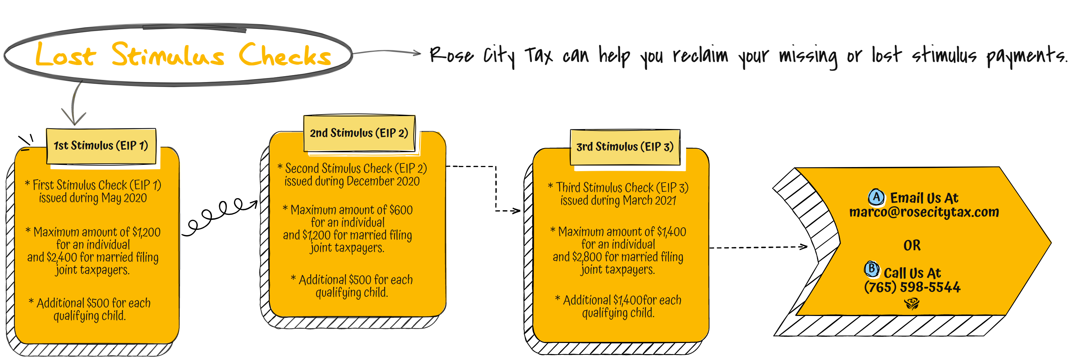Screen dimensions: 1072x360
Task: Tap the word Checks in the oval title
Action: pyautogui.click(x=285, y=55)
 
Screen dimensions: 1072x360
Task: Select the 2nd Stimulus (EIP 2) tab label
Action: pyautogui.click(x=359, y=133)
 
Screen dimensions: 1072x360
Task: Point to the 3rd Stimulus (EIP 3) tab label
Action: pyautogui.click(x=625, y=147)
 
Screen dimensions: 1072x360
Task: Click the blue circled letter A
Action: pyautogui.click(x=876, y=197)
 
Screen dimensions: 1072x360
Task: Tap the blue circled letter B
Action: pyautogui.click(x=871, y=269)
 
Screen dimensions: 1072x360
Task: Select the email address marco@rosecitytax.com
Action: pyautogui.click(x=924, y=212)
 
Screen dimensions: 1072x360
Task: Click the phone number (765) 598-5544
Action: pyautogui.click(x=912, y=287)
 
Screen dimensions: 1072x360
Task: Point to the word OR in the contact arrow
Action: pyautogui.click(x=912, y=245)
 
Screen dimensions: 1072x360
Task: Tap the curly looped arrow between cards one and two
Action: pyautogui.click(x=220, y=217)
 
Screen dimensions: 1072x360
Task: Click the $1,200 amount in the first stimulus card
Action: pyautogui.click(x=146, y=232)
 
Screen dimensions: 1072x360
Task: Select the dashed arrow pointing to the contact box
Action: pyautogui.click(x=758, y=247)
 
